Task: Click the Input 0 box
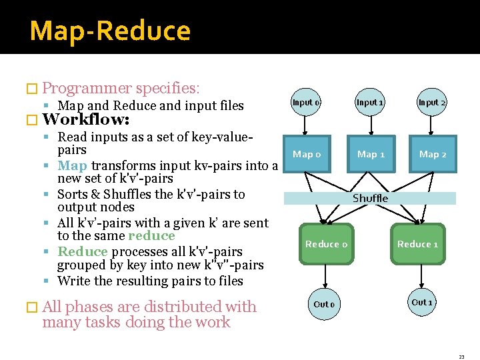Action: coord(306,103)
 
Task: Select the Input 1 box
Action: coord(369,103)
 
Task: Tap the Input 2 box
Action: coord(432,103)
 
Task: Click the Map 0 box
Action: coord(307,155)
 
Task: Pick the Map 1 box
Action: coord(371,155)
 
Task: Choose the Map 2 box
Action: coord(433,155)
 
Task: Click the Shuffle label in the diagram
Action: coord(370,198)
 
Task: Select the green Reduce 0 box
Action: coord(326,244)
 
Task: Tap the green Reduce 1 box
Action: coord(417,244)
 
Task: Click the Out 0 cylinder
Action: coord(325,304)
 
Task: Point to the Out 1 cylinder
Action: coord(422,302)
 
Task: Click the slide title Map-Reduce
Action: coord(110,31)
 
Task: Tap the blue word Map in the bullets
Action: coord(72,165)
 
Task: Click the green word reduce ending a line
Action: coord(151,236)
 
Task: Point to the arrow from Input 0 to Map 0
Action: coord(305,125)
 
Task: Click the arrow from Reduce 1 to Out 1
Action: coord(419,276)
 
